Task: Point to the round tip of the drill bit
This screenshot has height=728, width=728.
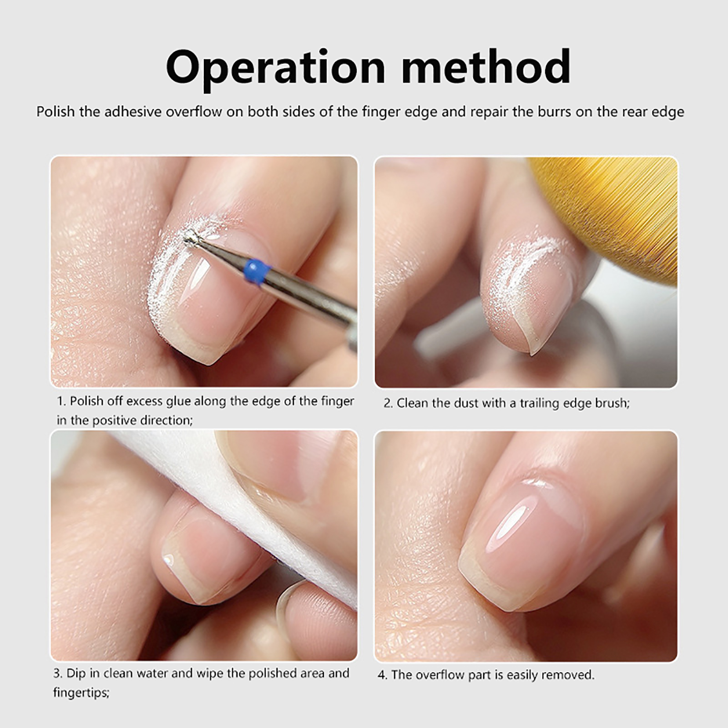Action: (x=190, y=237)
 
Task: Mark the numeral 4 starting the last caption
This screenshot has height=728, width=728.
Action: (x=381, y=675)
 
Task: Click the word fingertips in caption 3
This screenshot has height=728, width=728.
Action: (x=81, y=693)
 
